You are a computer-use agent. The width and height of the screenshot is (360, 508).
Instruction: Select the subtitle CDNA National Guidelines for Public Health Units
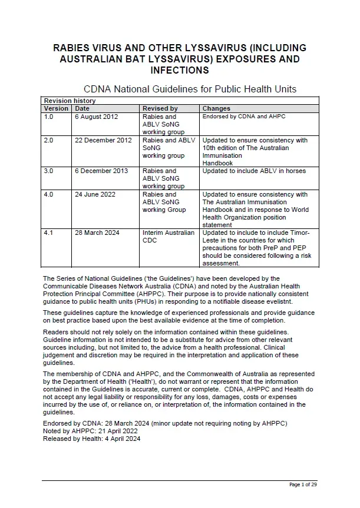pyautogui.click(x=190, y=89)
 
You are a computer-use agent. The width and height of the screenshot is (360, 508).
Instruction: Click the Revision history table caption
pyautogui.click(x=70, y=101)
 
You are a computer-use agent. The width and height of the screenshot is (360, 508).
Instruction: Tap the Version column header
pyautogui.click(x=56, y=108)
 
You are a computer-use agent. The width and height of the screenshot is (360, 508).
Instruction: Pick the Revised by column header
pyautogui.click(x=160, y=108)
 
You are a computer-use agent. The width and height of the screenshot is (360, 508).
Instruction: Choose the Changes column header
pyautogui.click(x=216, y=108)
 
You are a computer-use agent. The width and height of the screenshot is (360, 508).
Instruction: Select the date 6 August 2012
pyautogui.click(x=96, y=117)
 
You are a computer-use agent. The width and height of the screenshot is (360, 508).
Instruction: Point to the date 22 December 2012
pyautogui.click(x=103, y=140)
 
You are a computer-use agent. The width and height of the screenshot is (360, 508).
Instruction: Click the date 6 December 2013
pyautogui.click(x=100, y=171)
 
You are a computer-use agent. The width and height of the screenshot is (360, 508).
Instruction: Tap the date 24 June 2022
pyautogui.click(x=95, y=194)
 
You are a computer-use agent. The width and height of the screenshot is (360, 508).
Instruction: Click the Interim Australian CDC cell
pyautogui.click(x=168, y=237)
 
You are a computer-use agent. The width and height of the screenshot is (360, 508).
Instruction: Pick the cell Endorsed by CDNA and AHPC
pyautogui.click(x=243, y=117)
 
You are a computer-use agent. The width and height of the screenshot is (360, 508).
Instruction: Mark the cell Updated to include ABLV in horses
pyautogui.click(x=254, y=171)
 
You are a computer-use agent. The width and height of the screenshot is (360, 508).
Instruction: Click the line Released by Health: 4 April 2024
pyautogui.click(x=91, y=439)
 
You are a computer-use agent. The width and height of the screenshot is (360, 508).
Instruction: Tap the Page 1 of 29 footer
pyautogui.click(x=303, y=484)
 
